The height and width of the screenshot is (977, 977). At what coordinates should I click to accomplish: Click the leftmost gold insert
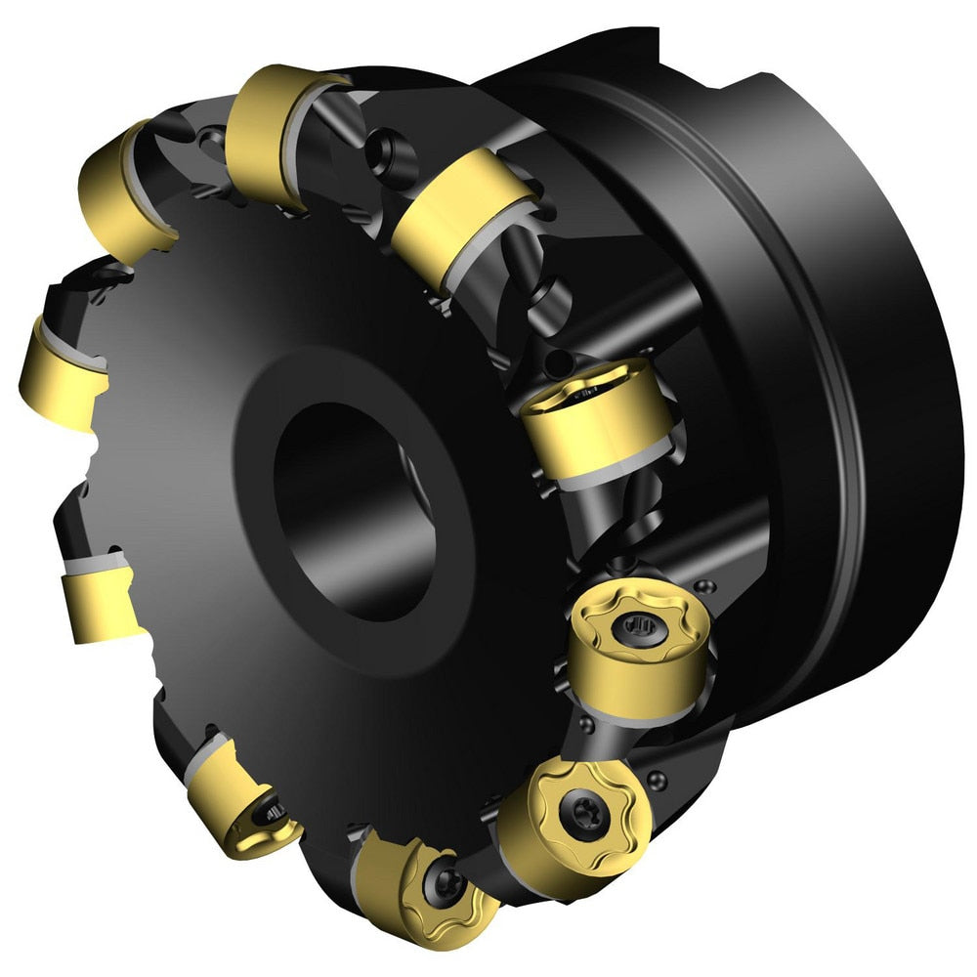[x=64, y=376]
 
